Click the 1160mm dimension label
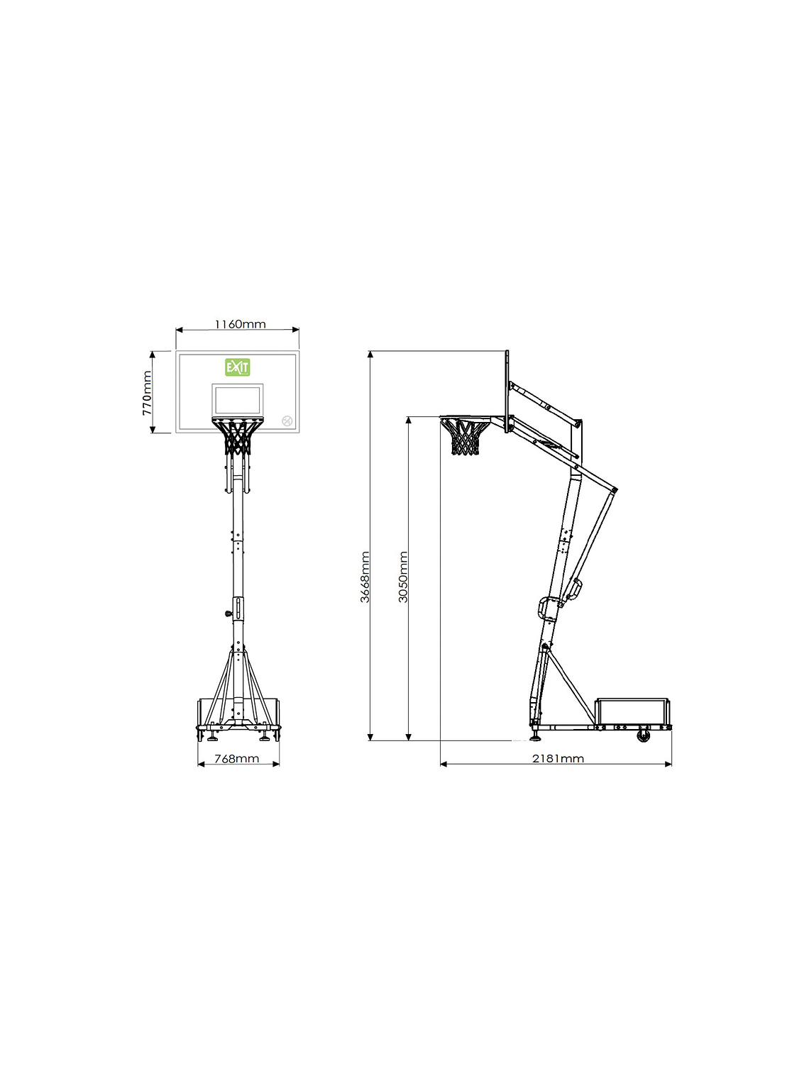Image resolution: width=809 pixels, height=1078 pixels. (x=240, y=324)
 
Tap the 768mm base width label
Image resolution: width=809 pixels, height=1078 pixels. (x=237, y=759)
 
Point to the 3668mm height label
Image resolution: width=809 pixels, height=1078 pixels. (x=364, y=577)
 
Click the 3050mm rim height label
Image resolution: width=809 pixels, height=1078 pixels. (x=402, y=577)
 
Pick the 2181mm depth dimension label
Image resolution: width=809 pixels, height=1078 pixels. (x=558, y=758)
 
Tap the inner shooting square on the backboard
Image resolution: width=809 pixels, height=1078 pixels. (x=238, y=399)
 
